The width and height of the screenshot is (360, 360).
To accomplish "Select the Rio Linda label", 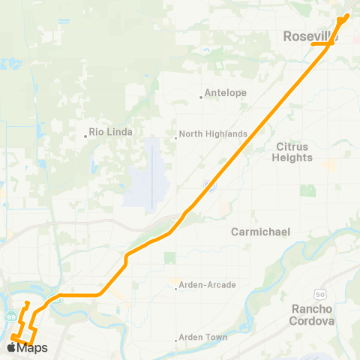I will point(111,132).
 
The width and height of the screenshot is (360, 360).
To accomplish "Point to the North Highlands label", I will point(214,134).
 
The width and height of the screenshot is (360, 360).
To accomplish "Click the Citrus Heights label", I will point(293,152).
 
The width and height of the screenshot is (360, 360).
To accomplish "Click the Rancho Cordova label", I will point(311,315).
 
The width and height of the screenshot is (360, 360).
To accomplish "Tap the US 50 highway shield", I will point(320,289).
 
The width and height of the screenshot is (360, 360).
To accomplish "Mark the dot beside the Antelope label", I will point(201,96).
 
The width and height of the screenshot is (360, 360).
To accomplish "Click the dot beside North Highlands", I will point(177,136).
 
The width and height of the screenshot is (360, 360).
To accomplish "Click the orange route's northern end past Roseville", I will point(347,15).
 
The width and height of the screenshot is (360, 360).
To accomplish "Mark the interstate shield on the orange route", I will point(211,184).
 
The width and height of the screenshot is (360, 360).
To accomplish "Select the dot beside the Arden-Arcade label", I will point(176,286).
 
